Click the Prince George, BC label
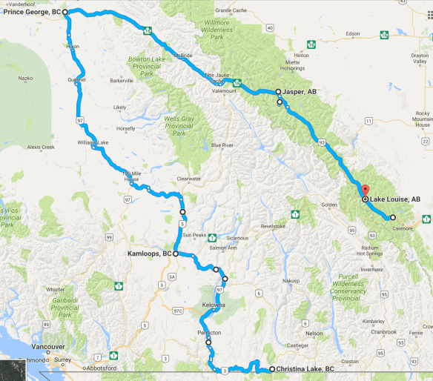click(31, 13)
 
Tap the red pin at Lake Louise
click(363, 190)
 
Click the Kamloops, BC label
click(148, 254)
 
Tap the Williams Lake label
click(93, 142)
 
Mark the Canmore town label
click(404, 228)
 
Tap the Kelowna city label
click(212, 305)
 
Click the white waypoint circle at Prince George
click(65, 13)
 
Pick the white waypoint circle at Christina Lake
click(271, 368)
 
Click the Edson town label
click(352, 34)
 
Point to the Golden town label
click(329, 205)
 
